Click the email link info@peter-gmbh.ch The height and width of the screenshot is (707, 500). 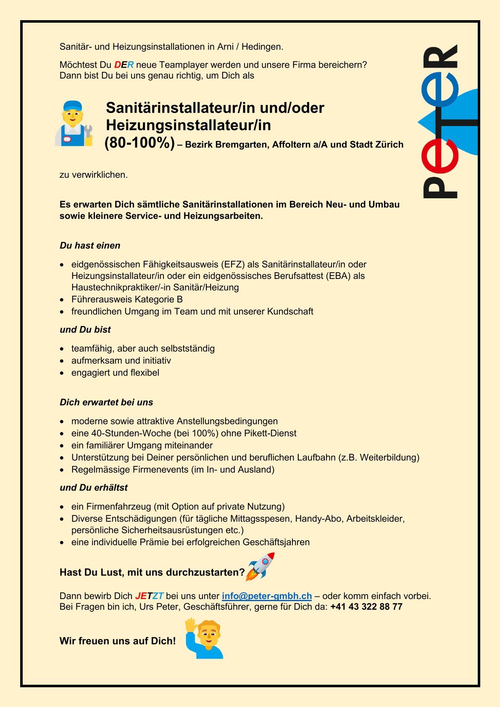266,596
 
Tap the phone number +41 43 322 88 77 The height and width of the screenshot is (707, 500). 366,607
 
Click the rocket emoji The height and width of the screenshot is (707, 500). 261,567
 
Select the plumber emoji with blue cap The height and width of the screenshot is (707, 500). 74,124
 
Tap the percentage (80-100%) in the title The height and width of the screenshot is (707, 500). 139,144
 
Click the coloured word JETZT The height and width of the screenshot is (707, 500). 149,596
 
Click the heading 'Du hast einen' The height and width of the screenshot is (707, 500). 90,246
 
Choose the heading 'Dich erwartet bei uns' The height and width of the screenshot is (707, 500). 106,402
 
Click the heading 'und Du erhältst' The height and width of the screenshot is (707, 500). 93,488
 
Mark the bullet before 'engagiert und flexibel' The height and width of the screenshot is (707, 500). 62,373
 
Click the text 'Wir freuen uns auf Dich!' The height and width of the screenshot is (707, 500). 118,641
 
